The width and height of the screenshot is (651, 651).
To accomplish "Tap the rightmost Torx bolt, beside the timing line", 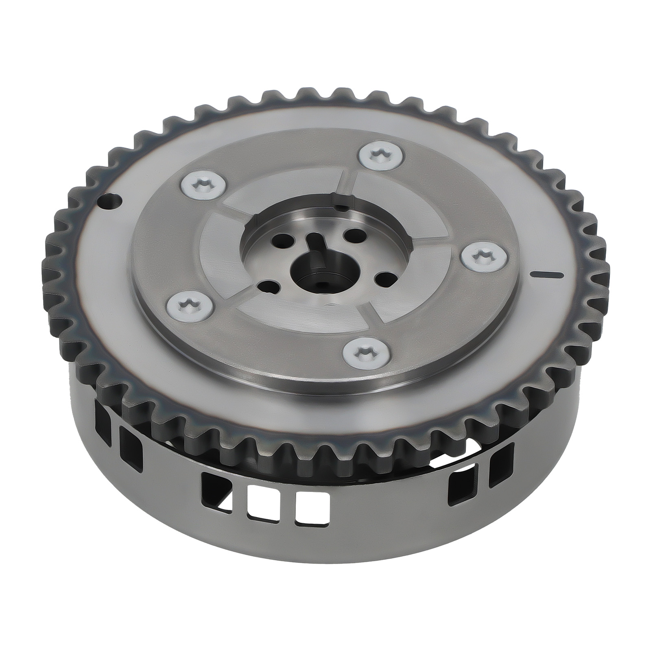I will point(483,259).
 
